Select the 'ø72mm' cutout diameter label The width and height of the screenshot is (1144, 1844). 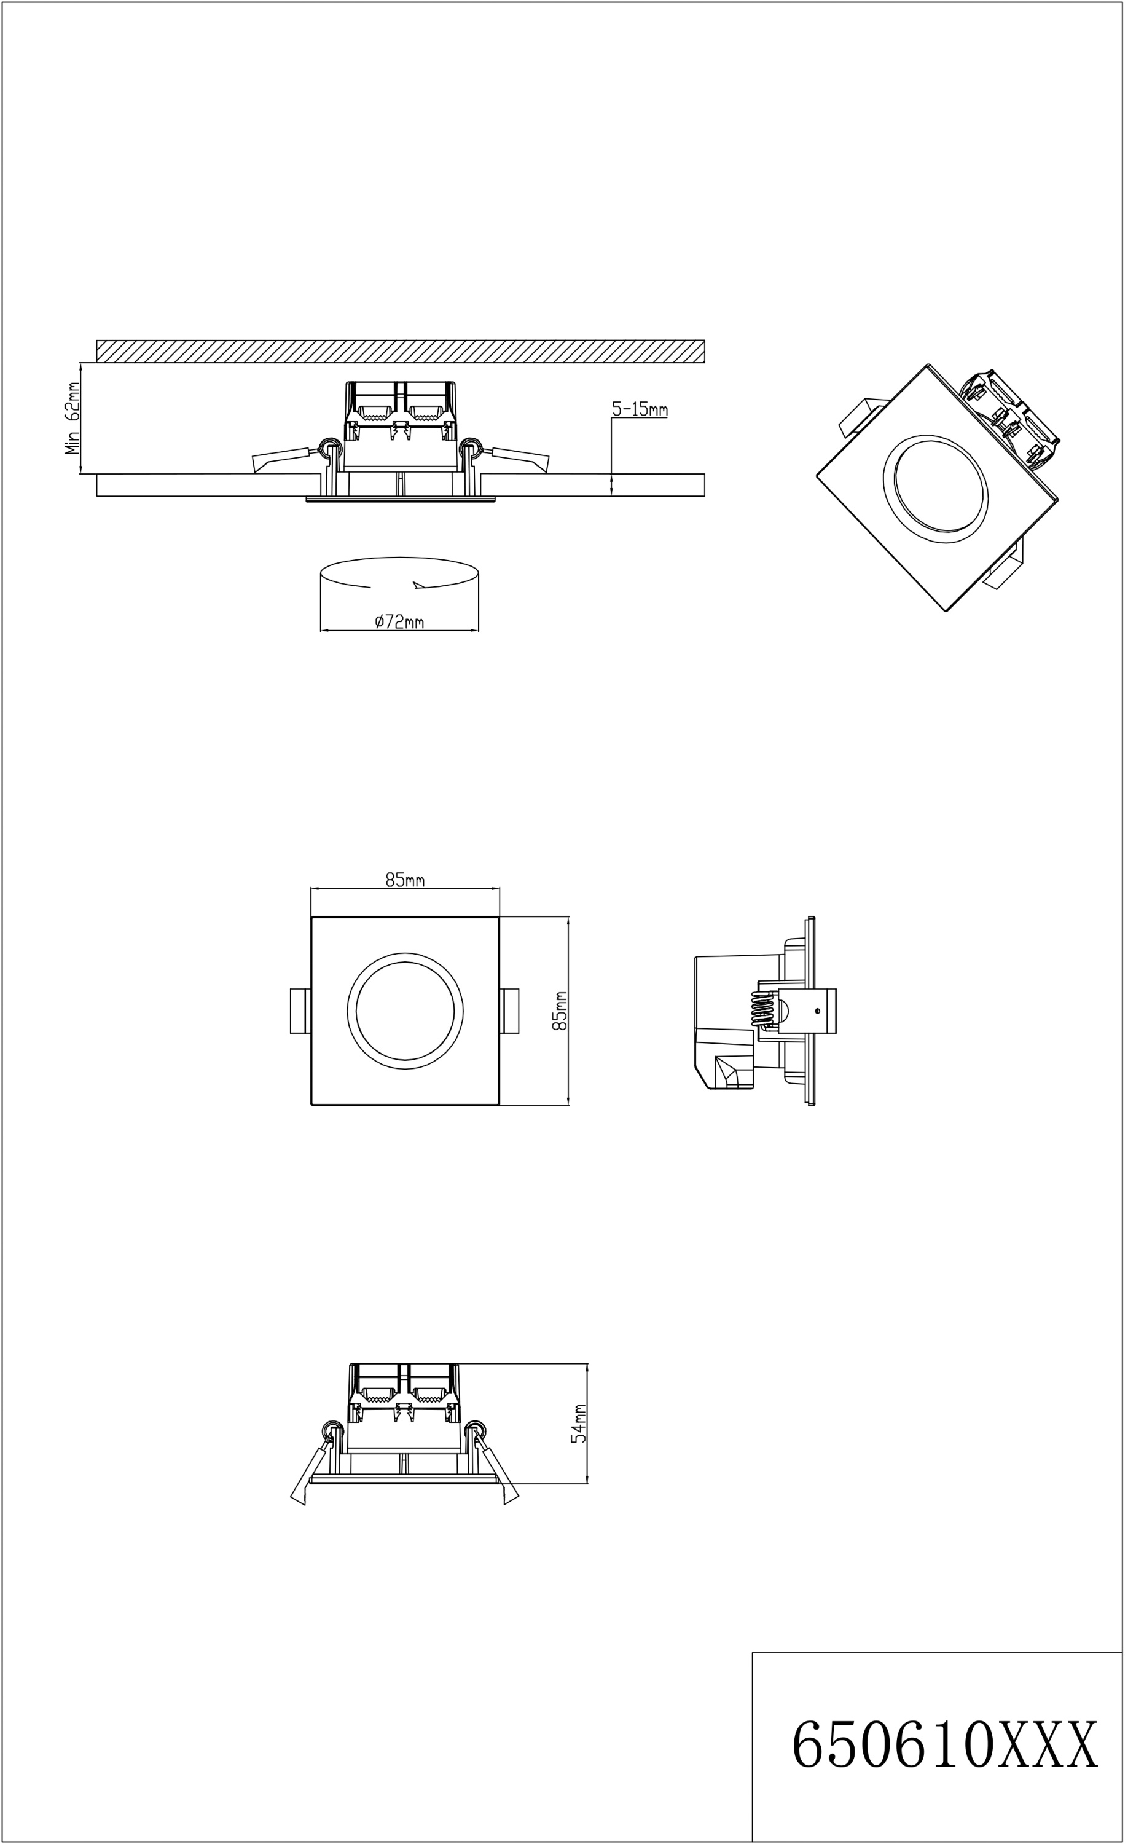(406, 633)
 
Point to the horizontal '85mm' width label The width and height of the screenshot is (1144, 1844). (412, 895)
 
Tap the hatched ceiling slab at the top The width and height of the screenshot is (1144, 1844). (408, 357)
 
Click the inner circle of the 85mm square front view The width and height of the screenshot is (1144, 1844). (412, 1029)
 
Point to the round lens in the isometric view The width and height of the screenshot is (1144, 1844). (952, 497)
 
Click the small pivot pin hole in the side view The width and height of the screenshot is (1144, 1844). (833, 1029)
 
